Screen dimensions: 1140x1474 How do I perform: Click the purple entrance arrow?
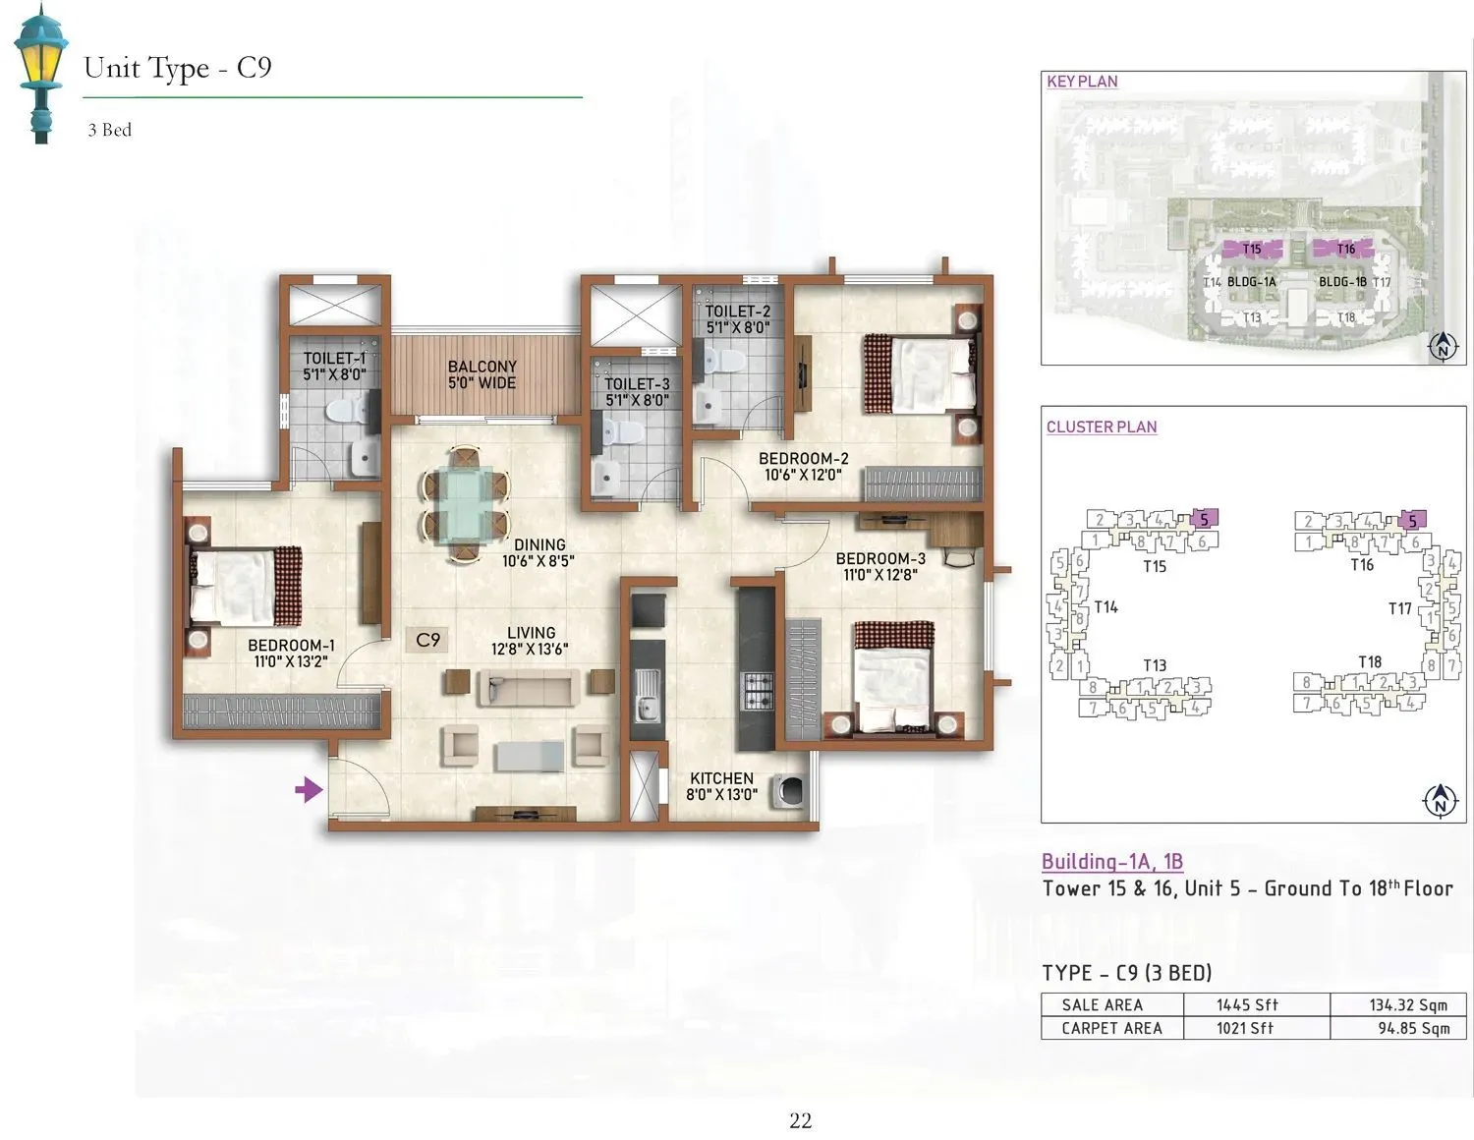[x=309, y=788]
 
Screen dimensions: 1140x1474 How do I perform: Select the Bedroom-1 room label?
[x=291, y=653]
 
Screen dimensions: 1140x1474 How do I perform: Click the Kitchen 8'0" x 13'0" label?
[x=721, y=786]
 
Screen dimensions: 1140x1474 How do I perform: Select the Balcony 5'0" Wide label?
[x=482, y=374]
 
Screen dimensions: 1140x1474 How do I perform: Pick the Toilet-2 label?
[x=737, y=319]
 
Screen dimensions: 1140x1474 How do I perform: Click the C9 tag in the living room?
[x=427, y=640]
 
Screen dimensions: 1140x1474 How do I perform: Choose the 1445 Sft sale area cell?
[x=1246, y=1004]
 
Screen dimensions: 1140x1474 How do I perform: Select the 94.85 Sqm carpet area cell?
[x=1407, y=1028]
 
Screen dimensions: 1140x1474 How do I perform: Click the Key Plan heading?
[x=1082, y=82]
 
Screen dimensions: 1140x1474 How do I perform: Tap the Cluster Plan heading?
[x=1101, y=427]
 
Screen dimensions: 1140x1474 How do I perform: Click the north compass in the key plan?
[x=1442, y=346]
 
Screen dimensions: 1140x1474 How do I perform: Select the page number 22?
[x=800, y=1120]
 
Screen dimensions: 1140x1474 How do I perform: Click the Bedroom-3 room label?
[x=880, y=566]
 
